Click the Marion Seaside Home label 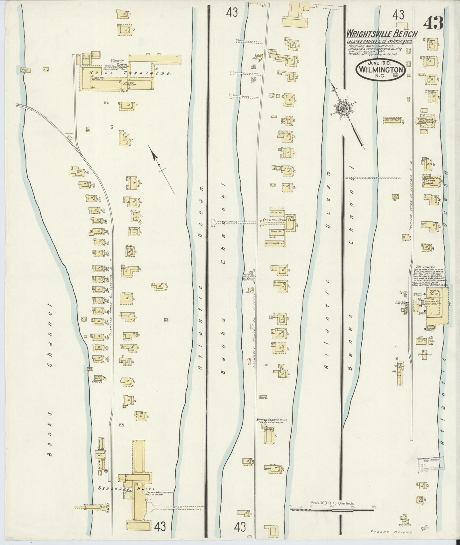click(x=272, y=420)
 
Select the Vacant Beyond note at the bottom click(x=391, y=531)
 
